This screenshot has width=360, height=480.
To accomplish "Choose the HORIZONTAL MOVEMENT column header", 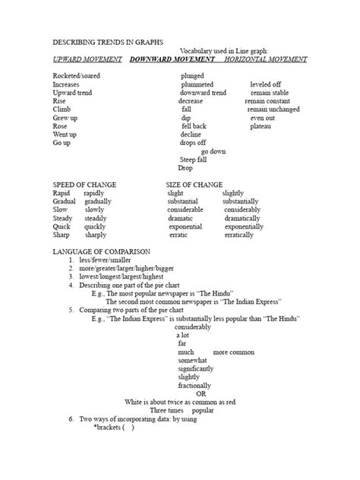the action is [266, 58].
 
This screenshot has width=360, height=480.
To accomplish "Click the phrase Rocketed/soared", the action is [76, 76].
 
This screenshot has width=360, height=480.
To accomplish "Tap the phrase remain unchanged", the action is [273, 109].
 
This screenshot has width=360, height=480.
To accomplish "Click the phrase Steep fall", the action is [193, 159].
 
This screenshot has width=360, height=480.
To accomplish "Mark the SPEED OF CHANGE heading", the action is [85, 185].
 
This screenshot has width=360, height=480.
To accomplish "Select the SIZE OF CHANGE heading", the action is [194, 185].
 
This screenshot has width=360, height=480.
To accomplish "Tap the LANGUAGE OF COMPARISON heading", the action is [102, 251].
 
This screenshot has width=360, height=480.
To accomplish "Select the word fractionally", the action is [196, 385].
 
